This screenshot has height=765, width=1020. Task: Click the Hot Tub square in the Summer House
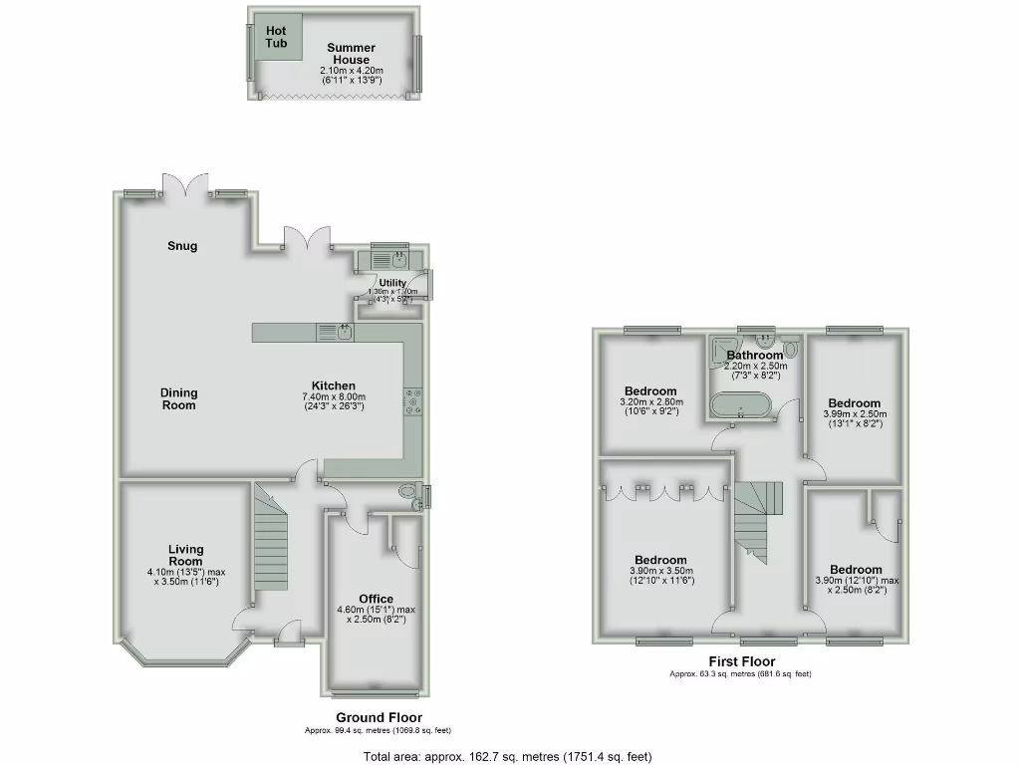click(276, 37)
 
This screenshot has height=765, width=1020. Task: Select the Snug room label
click(181, 246)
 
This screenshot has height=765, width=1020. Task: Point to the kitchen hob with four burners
click(412, 400)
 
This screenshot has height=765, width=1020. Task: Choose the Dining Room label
click(179, 399)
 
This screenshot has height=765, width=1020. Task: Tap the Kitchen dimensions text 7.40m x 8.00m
click(333, 397)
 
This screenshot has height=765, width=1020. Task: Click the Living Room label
click(185, 555)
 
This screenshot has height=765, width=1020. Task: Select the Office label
click(376, 599)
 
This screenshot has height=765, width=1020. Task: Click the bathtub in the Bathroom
click(740, 405)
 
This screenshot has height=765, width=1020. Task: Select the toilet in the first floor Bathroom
click(791, 350)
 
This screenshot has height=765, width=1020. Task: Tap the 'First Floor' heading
click(741, 661)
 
